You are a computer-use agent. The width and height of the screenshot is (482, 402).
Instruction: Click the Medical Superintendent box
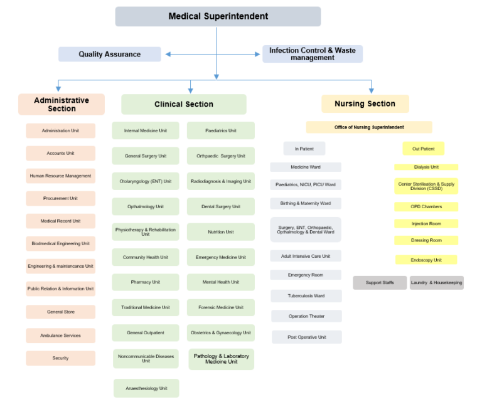click(x=218, y=16)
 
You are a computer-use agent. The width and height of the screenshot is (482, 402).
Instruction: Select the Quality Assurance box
click(x=110, y=55)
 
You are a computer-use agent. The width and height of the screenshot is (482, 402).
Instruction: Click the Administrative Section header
click(x=62, y=104)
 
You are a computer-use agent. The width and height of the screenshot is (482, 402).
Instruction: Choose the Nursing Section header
click(x=365, y=103)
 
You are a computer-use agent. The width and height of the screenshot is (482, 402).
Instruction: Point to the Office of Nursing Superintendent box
click(x=369, y=127)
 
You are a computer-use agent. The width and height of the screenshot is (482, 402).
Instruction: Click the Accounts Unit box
click(x=60, y=153)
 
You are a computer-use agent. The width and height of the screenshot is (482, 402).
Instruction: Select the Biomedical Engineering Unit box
click(x=60, y=243)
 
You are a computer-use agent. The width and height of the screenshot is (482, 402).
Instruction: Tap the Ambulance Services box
click(x=60, y=336)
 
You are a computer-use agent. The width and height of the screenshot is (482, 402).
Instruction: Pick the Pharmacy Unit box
click(x=146, y=282)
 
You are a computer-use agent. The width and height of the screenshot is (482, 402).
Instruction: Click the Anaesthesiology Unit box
click(x=146, y=388)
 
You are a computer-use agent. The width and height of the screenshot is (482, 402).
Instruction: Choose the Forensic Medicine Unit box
click(x=221, y=307)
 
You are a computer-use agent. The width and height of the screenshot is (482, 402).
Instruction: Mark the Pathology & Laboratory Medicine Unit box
click(x=221, y=359)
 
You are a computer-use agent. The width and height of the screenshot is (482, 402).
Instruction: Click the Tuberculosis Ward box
click(x=306, y=296)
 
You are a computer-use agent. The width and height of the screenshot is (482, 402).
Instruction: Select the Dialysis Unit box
click(x=426, y=167)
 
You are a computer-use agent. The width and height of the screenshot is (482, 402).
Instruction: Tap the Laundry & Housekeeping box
click(x=436, y=283)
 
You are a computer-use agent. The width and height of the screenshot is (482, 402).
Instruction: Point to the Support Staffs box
click(x=380, y=283)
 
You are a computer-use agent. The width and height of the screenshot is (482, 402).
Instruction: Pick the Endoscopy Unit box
click(x=426, y=260)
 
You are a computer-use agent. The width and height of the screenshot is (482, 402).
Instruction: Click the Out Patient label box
click(x=423, y=149)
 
